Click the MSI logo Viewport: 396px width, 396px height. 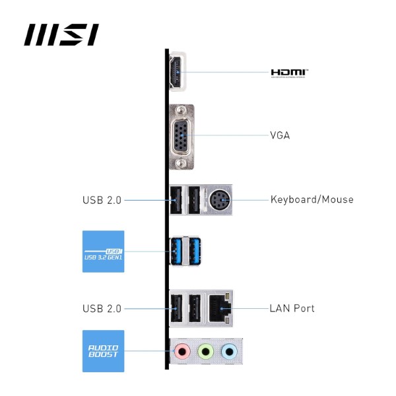[61, 35]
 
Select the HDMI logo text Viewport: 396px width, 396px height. [289, 73]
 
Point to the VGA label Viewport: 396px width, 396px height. [280, 136]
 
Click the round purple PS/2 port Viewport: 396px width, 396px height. [218, 199]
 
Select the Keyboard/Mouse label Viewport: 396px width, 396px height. [312, 199]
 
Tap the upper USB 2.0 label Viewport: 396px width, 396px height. [102, 199]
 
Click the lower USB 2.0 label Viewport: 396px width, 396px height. [102, 308]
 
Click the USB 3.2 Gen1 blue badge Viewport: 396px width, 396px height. [104, 251]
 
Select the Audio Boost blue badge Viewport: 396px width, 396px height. [104, 351]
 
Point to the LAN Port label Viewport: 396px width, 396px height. [292, 308]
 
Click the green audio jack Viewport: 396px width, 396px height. [205, 352]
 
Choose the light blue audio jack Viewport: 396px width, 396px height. [229, 352]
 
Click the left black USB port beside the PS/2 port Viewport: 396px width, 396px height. [177, 199]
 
